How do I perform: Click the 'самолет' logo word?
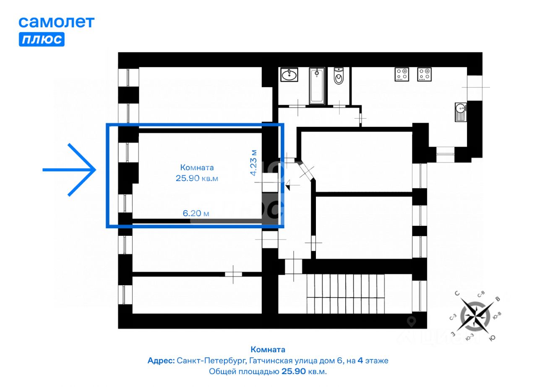[57, 22]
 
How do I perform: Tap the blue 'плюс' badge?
[42, 39]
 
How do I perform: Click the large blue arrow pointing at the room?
[69, 170]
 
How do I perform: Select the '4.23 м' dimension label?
[254, 163]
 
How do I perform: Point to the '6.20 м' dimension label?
[196, 213]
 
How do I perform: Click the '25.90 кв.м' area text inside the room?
[197, 178]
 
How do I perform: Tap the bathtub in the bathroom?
[317, 86]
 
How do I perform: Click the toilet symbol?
[339, 76]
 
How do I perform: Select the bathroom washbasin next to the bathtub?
[289, 75]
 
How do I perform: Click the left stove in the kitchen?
[402, 74]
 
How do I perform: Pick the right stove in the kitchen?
[424, 74]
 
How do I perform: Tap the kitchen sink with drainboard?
[461, 112]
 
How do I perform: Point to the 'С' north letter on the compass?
[457, 293]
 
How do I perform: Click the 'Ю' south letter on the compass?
[492, 338]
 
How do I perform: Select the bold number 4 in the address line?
[360, 361]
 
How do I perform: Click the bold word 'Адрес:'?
[161, 361]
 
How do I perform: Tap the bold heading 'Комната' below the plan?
[268, 350]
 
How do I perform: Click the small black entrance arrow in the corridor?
[288, 185]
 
